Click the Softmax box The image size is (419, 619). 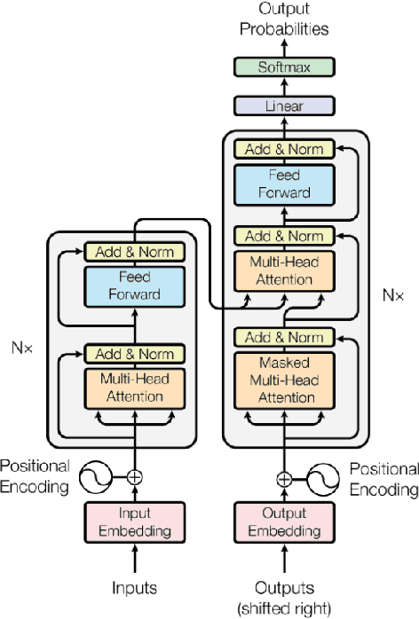pos(281,67)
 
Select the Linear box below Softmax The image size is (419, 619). pos(281,106)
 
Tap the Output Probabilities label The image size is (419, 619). pos(281,19)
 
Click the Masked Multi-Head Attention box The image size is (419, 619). pos(284,380)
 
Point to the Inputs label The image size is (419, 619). pos(135,588)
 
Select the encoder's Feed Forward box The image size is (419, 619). pos(135,286)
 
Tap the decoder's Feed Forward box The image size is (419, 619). pos(284,184)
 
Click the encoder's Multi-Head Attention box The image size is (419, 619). pos(135,388)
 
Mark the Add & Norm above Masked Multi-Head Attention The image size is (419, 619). pos(284,338)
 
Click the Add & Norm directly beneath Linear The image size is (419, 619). pos(284,148)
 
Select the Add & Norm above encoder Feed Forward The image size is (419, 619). pos(135,251)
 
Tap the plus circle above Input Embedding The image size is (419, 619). pos(135,477)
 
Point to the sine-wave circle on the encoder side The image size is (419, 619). pos(95,478)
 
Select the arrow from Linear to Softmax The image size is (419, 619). pos(281,86)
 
